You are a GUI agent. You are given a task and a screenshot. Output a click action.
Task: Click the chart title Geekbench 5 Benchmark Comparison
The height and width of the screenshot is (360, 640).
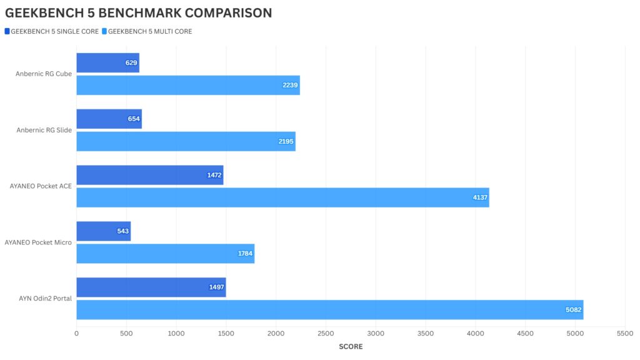pos(139,12)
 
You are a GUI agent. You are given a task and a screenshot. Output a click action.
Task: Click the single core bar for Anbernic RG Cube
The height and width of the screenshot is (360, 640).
pos(107,62)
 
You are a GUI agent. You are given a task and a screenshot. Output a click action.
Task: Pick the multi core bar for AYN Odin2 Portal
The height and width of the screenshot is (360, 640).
pos(329,310)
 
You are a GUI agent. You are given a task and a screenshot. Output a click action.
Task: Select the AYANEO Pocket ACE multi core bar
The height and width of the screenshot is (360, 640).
pos(282,197)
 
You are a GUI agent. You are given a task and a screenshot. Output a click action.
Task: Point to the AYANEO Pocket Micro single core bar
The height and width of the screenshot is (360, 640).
pos(103,231)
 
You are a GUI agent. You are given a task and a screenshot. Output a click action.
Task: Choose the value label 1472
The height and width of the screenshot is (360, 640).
pos(214,175)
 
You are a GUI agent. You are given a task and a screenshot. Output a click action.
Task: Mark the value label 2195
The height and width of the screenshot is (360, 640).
pos(286,142)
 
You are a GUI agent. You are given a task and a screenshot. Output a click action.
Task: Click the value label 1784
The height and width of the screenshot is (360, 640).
pos(245,254)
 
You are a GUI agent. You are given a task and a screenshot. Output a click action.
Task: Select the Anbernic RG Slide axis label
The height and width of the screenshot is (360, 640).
pos(44,130)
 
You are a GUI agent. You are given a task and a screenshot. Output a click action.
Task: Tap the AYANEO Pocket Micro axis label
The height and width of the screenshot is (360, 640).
pos(38,242)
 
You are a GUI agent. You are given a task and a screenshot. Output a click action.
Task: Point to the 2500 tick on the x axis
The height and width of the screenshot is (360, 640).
pos(326,334)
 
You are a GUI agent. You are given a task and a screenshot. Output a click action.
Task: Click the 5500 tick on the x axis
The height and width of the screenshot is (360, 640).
pos(624,334)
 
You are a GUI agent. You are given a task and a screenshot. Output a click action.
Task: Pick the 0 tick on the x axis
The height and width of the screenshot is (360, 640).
pos(77,334)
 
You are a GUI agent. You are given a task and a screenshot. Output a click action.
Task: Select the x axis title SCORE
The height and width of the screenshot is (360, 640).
pos(351,347)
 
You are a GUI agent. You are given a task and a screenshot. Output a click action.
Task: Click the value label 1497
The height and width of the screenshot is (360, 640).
pos(216,287)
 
